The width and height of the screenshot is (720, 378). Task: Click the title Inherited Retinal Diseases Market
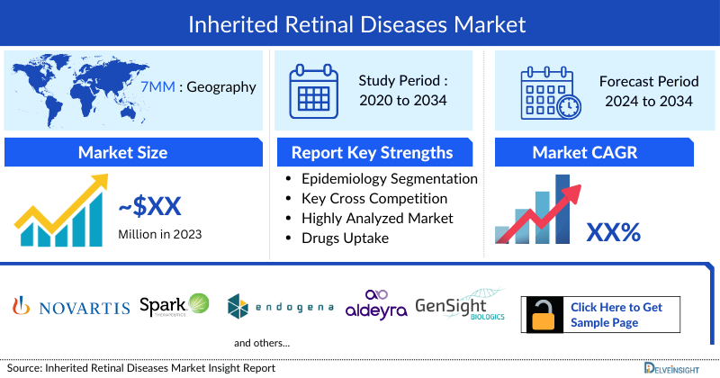pyautogui.click(x=359, y=23)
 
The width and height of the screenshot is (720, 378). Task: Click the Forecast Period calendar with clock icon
pyautogui.click(x=550, y=90)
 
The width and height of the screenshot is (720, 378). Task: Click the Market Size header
pyautogui.click(x=121, y=153)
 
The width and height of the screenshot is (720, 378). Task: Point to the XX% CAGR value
pyautogui.click(x=613, y=232)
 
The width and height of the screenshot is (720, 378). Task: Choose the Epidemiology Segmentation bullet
pyautogui.click(x=389, y=178)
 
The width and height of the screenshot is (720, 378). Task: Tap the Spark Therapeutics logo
pyautogui.click(x=175, y=307)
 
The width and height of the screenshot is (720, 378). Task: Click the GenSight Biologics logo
pyautogui.click(x=460, y=307)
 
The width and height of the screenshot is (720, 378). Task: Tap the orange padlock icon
pyautogui.click(x=544, y=315)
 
